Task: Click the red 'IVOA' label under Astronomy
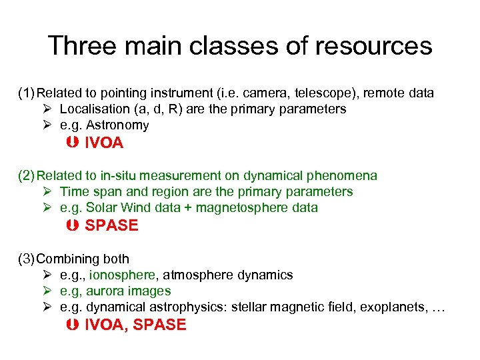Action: point(104,143)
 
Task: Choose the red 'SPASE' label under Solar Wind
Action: point(111,225)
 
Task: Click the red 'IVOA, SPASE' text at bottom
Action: point(135,325)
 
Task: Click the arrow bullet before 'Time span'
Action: point(46,192)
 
